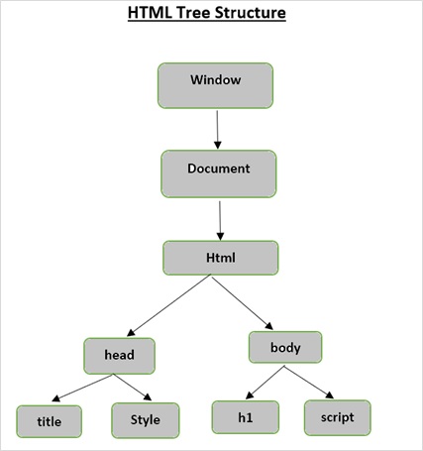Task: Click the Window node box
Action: tap(214, 85)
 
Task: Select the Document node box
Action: tap(217, 173)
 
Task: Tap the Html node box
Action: tap(221, 258)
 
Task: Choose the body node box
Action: tap(284, 349)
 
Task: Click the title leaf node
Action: tap(50, 420)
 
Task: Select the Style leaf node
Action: tap(145, 420)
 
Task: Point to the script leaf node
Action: tap(337, 416)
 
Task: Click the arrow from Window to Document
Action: tap(216, 129)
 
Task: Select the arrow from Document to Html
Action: tap(220, 216)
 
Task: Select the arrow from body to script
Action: tap(307, 383)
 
